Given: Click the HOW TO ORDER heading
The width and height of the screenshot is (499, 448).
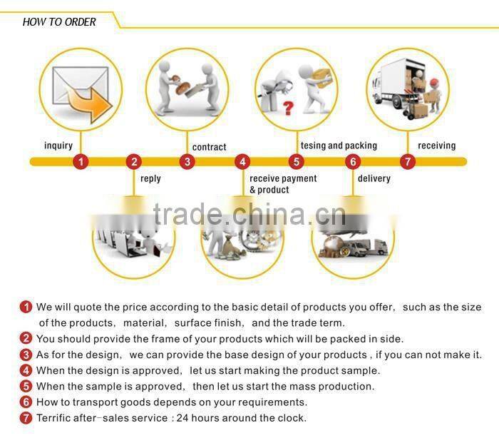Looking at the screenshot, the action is point(59,21).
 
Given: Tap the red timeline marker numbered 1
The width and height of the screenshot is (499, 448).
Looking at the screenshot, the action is point(81,162).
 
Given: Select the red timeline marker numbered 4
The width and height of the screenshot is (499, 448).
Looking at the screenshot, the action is point(243,162).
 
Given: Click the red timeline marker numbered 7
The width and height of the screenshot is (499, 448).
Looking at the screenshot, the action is point(407,162).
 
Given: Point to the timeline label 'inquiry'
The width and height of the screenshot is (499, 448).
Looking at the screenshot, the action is point(58,146).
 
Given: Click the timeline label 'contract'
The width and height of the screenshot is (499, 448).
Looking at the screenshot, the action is point(209,147).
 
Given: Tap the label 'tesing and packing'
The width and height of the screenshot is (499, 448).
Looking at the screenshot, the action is point(339,146).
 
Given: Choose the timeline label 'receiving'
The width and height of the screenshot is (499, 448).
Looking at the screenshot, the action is point(436,146).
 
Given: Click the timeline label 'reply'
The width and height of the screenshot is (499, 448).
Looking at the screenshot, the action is point(150,178).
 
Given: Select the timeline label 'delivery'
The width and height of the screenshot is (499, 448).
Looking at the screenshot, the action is point(374,178).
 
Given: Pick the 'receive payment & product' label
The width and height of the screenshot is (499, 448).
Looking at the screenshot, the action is point(283,184).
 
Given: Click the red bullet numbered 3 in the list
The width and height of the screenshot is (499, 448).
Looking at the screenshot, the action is point(26,355).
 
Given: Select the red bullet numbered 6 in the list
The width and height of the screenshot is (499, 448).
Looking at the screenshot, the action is point(26,402).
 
